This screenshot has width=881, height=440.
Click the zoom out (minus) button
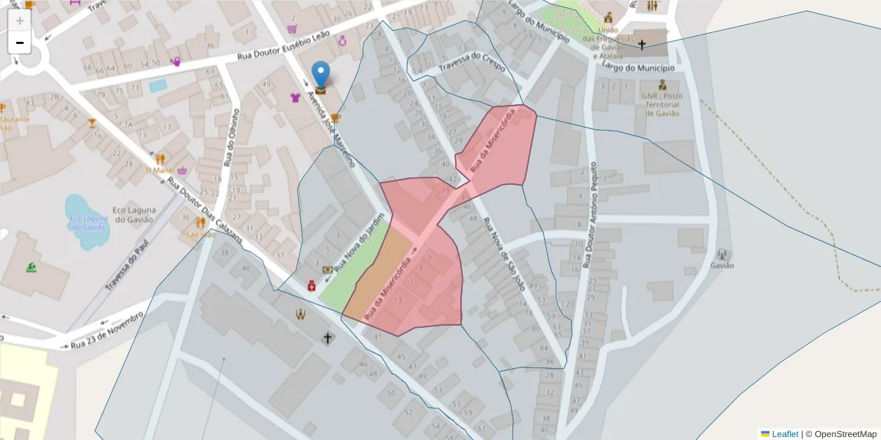pyautogui.click(x=20, y=43)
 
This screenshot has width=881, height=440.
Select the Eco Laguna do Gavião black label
pyautogui.click(x=133, y=214)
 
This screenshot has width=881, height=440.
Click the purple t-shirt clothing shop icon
pyautogui.click(x=295, y=98)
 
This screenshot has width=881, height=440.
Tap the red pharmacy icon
pyautogui.click(x=311, y=285)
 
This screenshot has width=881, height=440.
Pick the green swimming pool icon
pyautogui.click(x=30, y=268)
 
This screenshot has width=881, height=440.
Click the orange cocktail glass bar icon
pyautogui.click(x=92, y=123)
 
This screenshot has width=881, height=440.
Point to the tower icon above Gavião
pyautogui.click(x=724, y=254)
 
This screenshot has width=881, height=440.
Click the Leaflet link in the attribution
pyautogui.click(x=784, y=434)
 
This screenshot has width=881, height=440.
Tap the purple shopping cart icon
pyautogui.click(x=292, y=29)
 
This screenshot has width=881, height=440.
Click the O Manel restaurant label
pyautogui.click(x=158, y=170)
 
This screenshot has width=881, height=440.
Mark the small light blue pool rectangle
pyautogui.click(x=158, y=86)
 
